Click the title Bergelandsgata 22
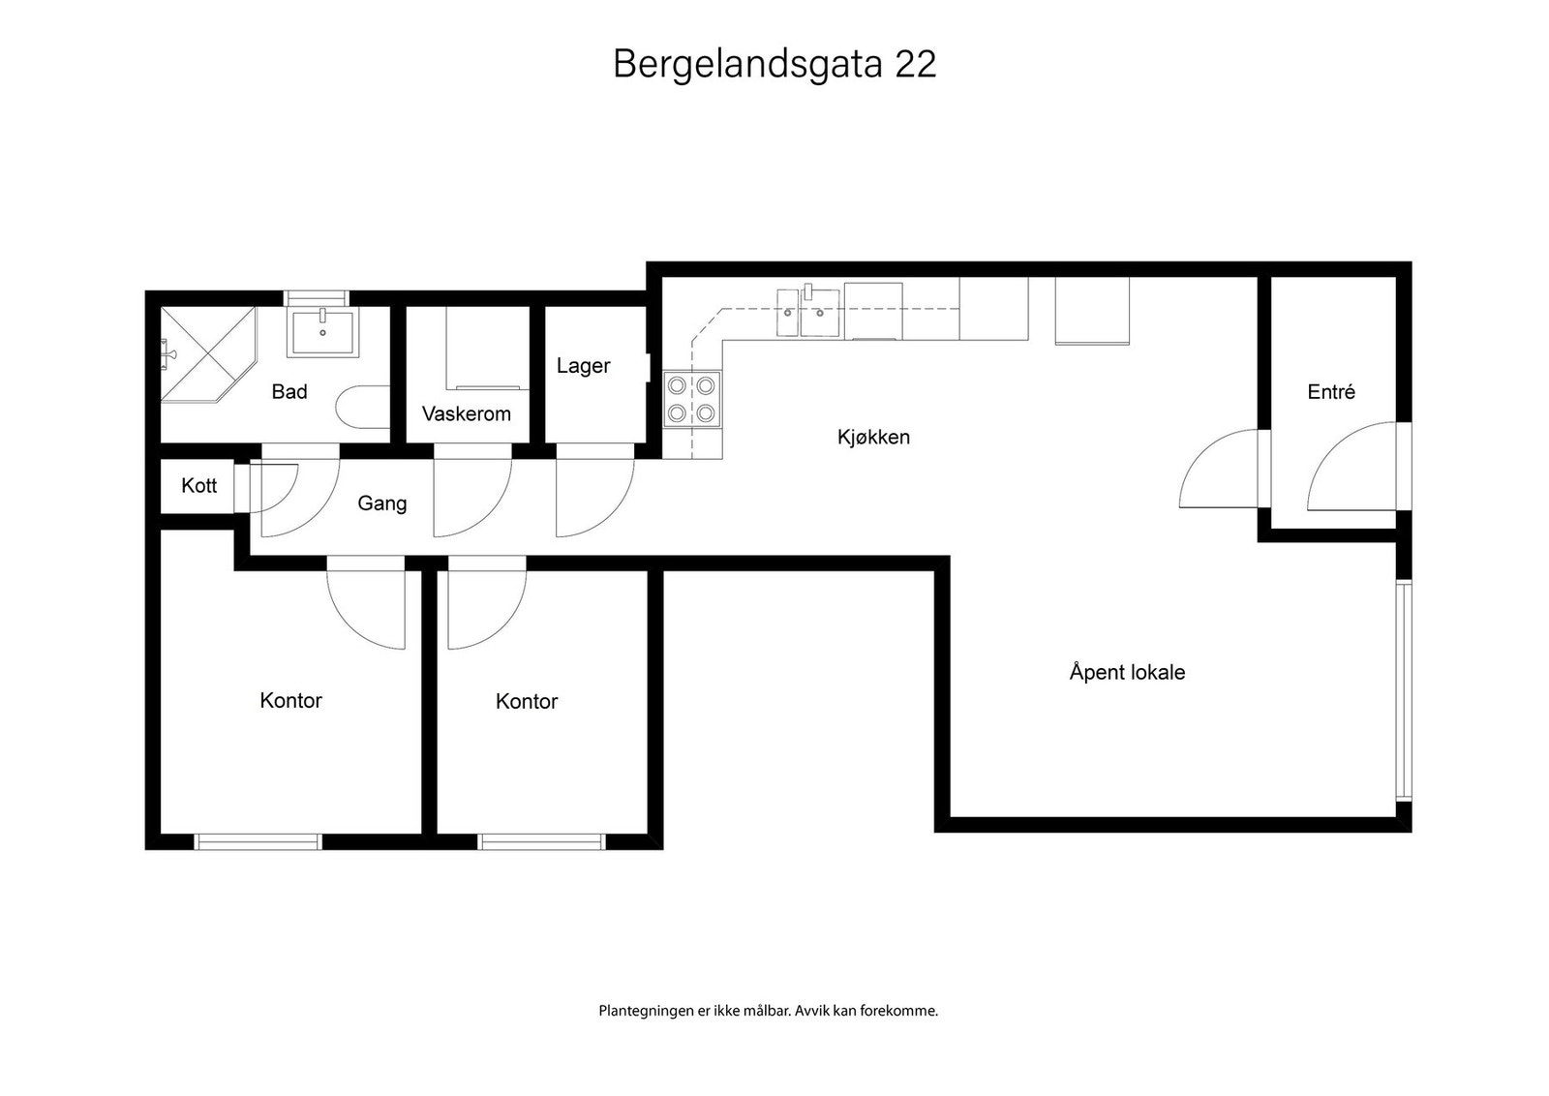774,65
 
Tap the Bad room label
289,392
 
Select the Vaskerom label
466,414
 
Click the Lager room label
583,366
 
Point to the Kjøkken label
873,437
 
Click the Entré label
1330,392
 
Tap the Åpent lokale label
1127,672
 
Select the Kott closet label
199,485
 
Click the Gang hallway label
381,503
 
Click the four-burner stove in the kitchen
691,399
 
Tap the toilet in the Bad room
363,408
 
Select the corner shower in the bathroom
208,354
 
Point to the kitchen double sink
808,313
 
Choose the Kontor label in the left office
290,700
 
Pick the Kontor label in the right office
527,701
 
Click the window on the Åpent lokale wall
1403,690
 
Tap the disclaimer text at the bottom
769,1011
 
